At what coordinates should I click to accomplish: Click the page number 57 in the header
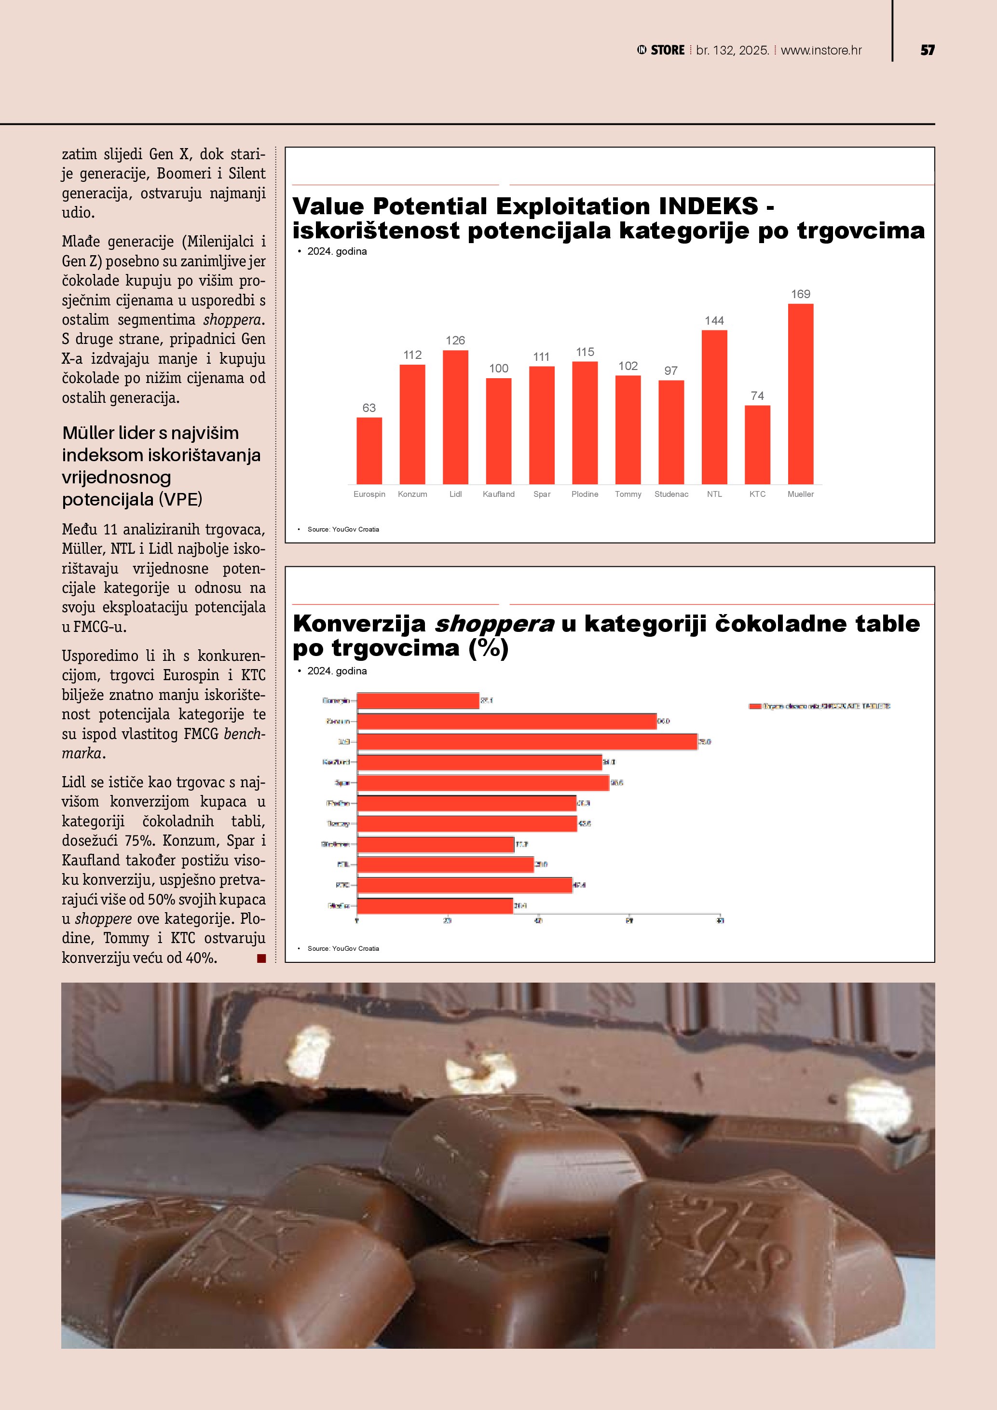click(x=927, y=50)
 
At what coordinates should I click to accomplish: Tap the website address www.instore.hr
click(x=821, y=50)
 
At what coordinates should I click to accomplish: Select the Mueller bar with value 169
click(x=801, y=394)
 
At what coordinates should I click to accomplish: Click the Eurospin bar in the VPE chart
click(x=369, y=450)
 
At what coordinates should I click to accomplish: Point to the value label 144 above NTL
click(x=714, y=321)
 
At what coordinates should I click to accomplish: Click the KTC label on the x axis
click(x=757, y=494)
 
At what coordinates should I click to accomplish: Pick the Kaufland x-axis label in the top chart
click(x=499, y=494)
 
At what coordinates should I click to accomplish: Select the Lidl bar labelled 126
click(x=455, y=417)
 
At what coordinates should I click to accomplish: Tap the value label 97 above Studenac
click(x=671, y=371)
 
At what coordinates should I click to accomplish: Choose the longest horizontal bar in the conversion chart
click(x=527, y=742)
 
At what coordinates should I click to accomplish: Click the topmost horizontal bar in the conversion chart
click(x=417, y=701)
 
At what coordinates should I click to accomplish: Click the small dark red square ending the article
click(x=261, y=958)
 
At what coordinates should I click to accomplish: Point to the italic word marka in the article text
click(x=81, y=753)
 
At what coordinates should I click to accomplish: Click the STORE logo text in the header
click(x=668, y=50)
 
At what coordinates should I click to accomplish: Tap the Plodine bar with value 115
click(x=585, y=423)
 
